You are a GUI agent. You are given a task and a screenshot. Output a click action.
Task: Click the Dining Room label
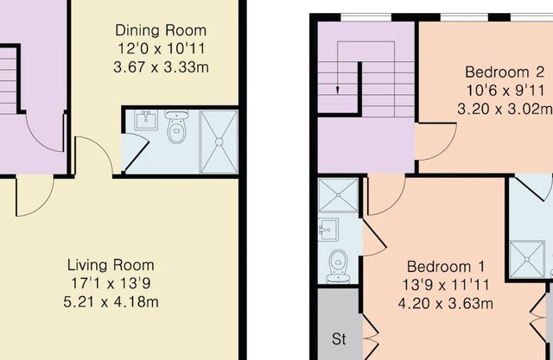click(161, 30)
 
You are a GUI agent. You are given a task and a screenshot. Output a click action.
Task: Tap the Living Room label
click(111, 265)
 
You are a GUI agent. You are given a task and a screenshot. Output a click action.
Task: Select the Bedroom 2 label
click(505, 73)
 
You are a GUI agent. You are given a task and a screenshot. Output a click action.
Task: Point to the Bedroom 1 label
click(446, 267)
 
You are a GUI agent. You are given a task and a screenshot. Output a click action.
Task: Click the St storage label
click(339, 339)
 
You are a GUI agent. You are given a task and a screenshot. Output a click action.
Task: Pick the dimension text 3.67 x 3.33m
click(162, 67)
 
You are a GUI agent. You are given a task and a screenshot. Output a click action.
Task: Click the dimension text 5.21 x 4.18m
click(111, 302)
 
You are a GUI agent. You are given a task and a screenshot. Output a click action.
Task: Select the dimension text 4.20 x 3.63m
click(446, 303)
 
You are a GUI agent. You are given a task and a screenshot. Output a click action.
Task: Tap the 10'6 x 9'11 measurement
click(506, 91)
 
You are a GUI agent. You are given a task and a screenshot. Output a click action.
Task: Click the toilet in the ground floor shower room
click(177, 126)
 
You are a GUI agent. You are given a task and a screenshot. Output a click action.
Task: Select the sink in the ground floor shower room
click(146, 120)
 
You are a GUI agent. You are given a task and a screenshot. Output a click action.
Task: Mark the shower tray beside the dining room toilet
click(219, 142)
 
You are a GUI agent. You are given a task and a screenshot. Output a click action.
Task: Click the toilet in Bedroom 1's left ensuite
click(338, 267)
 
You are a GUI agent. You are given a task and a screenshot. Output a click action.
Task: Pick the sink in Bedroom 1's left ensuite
click(328, 230)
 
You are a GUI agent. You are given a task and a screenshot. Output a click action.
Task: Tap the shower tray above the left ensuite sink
click(338, 195)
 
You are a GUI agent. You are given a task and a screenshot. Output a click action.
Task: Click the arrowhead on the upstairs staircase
click(338, 91)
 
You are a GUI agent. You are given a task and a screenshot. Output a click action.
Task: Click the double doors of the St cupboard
click(370, 332)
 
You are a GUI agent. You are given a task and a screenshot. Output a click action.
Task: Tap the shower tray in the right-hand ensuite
click(527, 259)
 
